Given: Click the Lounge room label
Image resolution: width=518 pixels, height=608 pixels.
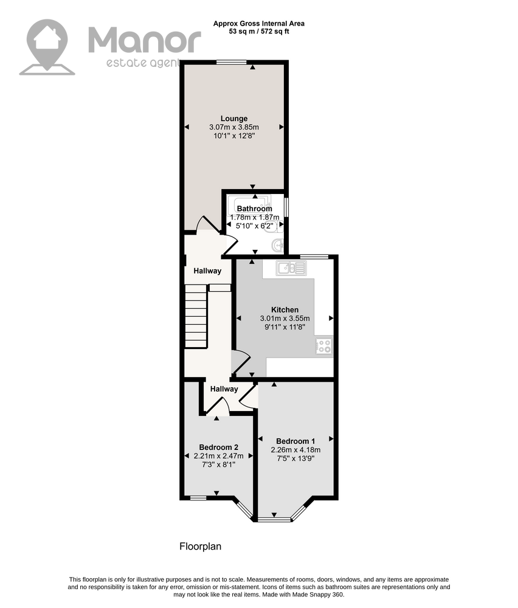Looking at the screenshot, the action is [234, 119].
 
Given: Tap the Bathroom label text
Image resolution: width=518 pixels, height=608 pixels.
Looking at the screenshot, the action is [254, 209].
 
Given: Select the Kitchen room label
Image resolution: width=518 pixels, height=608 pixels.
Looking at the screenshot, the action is [285, 310].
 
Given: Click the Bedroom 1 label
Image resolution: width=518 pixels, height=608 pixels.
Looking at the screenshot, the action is [295, 441].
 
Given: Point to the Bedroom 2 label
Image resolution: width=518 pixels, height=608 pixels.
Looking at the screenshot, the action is [219, 447].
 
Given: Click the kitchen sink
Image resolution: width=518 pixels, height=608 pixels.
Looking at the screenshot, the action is [291, 268].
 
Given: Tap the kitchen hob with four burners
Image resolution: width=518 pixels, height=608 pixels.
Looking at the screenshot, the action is [323, 345].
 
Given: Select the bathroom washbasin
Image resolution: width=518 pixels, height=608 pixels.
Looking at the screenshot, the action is [278, 246].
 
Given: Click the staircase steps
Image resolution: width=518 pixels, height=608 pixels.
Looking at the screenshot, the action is [196, 316].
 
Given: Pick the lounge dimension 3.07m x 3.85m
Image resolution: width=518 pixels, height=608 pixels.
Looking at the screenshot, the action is [234, 127].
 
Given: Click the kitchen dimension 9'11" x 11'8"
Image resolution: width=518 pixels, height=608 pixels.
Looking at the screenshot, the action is [285, 327].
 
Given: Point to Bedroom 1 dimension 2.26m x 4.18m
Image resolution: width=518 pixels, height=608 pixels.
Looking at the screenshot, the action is [295, 450].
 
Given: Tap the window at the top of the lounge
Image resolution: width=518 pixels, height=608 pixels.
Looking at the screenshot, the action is [232, 62].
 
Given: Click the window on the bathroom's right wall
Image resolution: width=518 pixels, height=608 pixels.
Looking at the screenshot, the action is [286, 207].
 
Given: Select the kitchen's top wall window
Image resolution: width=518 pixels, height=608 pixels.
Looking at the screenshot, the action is [314, 257].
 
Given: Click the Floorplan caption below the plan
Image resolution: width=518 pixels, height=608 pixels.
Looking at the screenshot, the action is [201, 547].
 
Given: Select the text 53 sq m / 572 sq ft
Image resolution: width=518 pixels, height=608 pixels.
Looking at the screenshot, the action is [258, 32].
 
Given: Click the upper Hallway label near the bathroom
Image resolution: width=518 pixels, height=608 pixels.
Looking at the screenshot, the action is [207, 271].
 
